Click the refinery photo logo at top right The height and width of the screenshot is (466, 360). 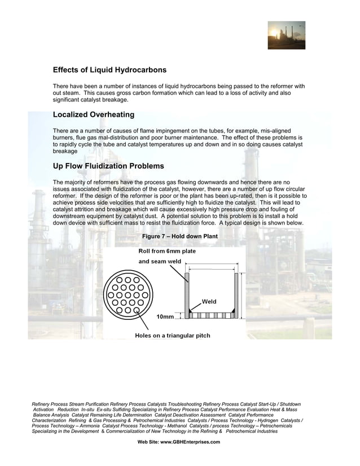tap(286, 35)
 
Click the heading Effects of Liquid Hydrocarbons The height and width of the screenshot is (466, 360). tap(109, 71)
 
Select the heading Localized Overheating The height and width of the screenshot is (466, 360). tap(93, 115)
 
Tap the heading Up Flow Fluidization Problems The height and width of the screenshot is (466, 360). tap(108, 166)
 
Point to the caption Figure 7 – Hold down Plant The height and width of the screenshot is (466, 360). tap(179, 236)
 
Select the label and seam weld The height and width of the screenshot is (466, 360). tap(160, 261)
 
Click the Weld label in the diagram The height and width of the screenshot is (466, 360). tap(209, 302)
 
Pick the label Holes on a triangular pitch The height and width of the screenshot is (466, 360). tap(172, 336)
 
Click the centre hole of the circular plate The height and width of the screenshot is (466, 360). tap(128, 294)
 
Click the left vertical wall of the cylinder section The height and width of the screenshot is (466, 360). tap(187, 293)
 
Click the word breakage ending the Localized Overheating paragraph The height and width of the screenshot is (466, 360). tap(65, 152)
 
